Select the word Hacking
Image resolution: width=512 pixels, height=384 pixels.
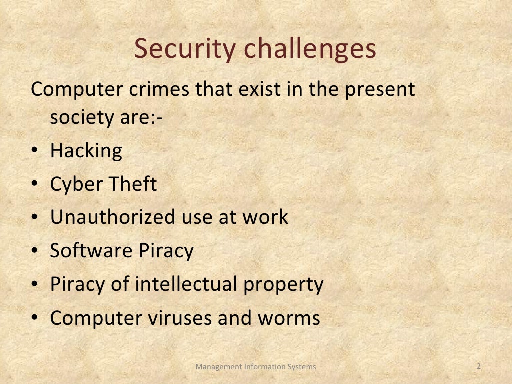[x=86, y=151]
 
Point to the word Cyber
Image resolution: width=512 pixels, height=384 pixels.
[x=72, y=185]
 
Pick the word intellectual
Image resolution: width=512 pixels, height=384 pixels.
[x=188, y=284]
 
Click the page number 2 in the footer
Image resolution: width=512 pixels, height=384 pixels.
[x=479, y=366]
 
